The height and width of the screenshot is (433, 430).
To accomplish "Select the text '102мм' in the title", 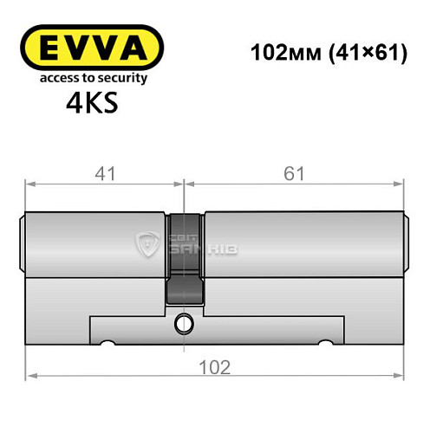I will click(280, 53).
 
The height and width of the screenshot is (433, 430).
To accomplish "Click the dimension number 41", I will click(103, 173).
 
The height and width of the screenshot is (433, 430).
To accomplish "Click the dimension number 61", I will click(294, 173).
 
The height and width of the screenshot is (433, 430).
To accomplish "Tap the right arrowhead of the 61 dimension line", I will click(401, 183).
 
